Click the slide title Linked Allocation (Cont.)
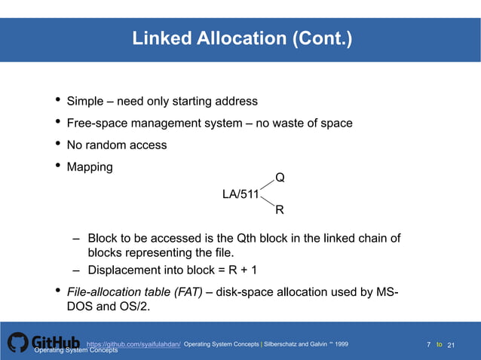click(241, 38)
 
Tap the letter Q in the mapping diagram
click(280, 178)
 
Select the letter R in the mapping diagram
click(280, 209)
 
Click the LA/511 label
click(240, 194)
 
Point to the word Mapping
click(90, 166)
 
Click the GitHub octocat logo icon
click(18, 343)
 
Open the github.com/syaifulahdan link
click(133, 344)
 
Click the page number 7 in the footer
click(428, 344)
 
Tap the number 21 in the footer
click(452, 345)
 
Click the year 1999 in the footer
click(342, 344)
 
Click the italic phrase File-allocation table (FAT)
click(134, 292)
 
